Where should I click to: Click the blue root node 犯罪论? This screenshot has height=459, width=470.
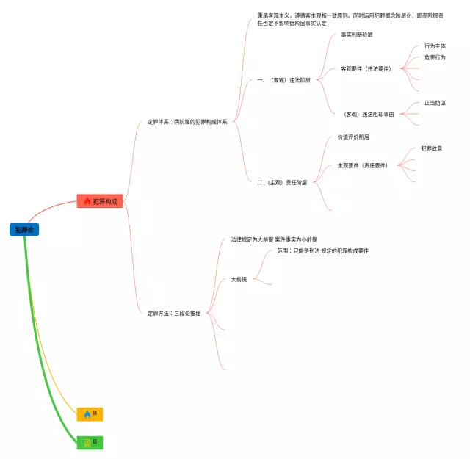point(24,230)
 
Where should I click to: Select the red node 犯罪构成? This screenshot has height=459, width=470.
point(100,201)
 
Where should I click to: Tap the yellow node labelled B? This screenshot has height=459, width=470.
point(90,413)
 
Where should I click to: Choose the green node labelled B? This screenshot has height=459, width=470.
point(90,441)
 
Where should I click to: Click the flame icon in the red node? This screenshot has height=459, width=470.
point(87,201)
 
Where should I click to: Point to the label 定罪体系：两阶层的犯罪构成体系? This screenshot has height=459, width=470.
point(187,121)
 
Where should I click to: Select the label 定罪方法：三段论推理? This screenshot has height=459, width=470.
point(174,313)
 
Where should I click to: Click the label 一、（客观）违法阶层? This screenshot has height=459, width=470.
point(284,80)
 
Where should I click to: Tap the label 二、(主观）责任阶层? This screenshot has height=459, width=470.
point(283,182)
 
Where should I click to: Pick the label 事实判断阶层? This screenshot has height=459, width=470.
point(357,35)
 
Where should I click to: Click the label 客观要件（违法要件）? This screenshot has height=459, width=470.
point(366,68)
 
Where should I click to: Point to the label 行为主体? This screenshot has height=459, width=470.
point(435,46)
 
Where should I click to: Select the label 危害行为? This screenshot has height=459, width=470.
point(435,57)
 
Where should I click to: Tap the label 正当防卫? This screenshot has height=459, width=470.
point(435,103)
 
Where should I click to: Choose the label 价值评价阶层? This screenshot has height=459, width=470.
point(353,137)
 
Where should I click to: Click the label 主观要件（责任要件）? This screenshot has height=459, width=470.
point(362,165)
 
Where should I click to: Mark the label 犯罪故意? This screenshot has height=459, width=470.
point(431,148)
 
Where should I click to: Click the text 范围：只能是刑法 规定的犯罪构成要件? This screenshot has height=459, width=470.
point(322,250)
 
